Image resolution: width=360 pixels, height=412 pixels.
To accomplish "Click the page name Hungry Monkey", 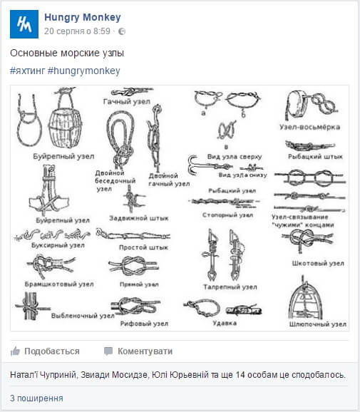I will point(82,18).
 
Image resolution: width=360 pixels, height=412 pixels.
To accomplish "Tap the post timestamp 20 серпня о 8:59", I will point(77,31).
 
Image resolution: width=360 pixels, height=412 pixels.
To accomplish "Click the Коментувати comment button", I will point(138,351).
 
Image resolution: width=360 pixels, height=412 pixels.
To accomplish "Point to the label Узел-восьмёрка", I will point(309,127).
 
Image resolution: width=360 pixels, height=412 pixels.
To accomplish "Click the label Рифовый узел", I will point(144,324).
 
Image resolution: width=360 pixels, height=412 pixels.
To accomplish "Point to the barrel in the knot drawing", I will point(63,123).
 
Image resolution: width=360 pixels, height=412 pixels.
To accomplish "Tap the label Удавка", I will point(225,322).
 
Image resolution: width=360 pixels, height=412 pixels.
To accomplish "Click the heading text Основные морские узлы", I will point(67,53).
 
